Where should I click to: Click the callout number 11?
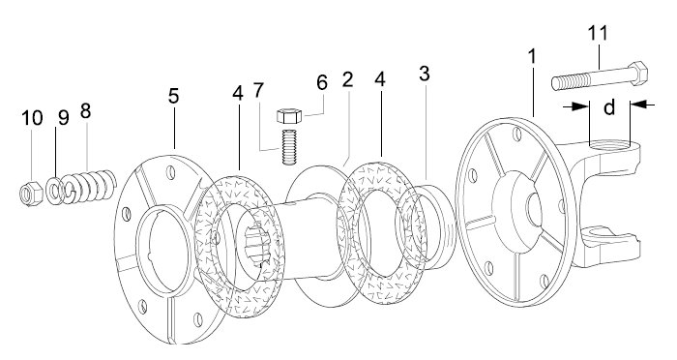pyautogui.click(x=598, y=33)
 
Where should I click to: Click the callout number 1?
pyautogui.click(x=532, y=57)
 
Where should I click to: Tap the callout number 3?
pyautogui.click(x=425, y=74)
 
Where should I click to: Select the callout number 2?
pyautogui.click(x=347, y=79)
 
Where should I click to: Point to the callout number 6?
pyautogui.click(x=322, y=82)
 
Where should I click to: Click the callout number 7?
pyautogui.click(x=258, y=90)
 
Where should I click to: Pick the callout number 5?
pyautogui.click(x=173, y=96)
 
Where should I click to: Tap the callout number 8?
pyautogui.click(x=85, y=111)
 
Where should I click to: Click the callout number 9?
pyautogui.click(x=64, y=117)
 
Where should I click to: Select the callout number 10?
pyautogui.click(x=32, y=117)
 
